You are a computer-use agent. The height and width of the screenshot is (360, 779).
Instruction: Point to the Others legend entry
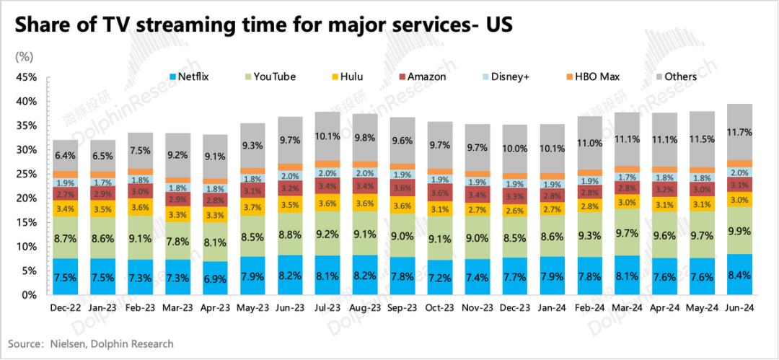pos(678,76)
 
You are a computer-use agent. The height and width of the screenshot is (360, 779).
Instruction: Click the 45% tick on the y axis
pos(27,77)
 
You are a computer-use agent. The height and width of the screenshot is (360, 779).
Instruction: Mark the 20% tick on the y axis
pos(27,198)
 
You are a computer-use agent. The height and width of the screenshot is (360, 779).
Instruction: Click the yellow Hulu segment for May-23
pos(251,208)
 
